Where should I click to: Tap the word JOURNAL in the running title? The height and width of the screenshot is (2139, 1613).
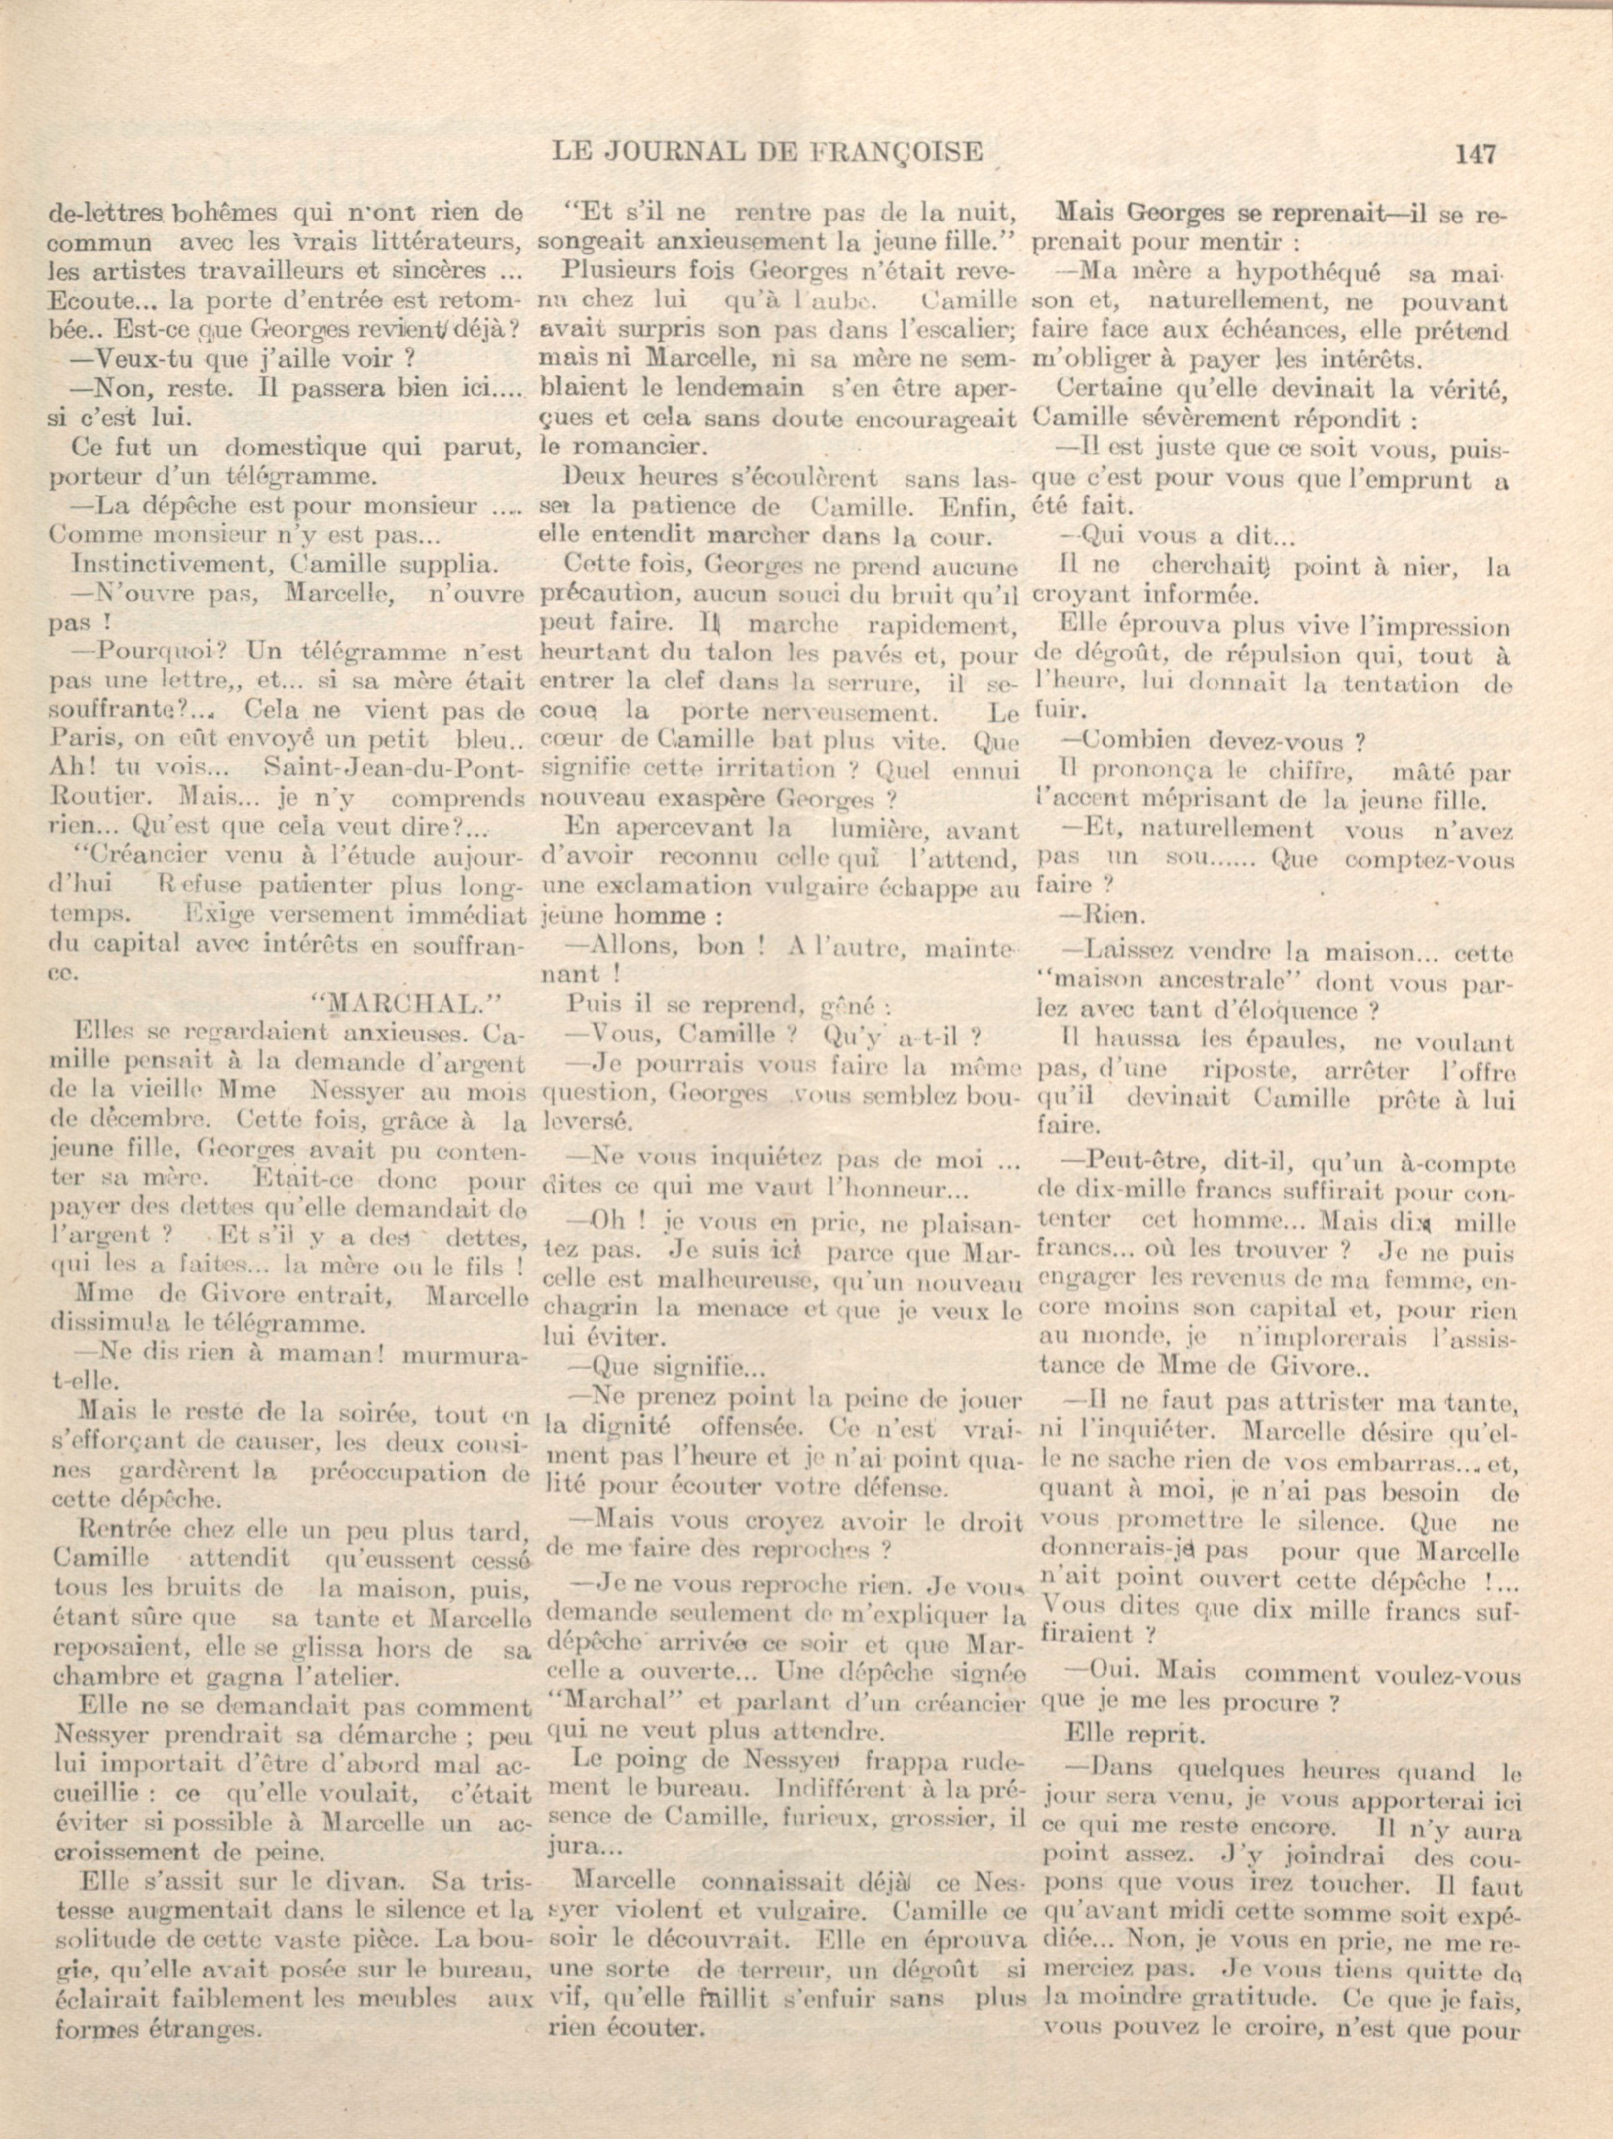pos(683,152)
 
